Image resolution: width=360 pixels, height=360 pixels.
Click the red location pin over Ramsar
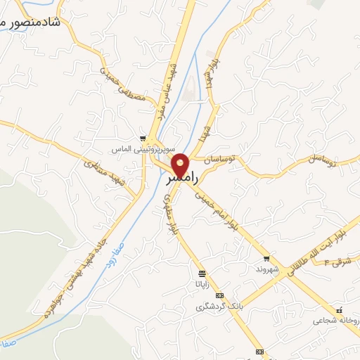pos(181,163)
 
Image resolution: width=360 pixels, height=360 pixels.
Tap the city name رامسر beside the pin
pos(179,180)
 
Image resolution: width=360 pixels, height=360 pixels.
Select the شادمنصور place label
pos(31,22)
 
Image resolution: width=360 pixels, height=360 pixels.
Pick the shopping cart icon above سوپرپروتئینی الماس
pos(143,138)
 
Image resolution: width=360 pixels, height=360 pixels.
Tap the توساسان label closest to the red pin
pos(221,160)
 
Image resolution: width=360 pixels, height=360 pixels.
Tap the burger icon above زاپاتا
pos(202,273)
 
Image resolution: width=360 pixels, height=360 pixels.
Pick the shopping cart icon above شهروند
pos(266,258)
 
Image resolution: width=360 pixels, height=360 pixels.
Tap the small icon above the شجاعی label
pos(339,310)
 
